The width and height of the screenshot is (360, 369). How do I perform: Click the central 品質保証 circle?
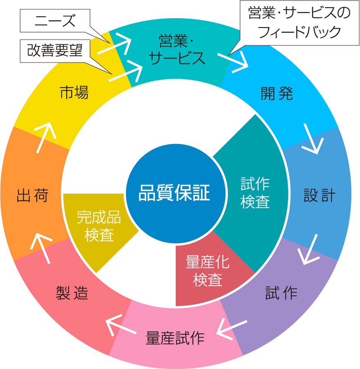coord(174,193)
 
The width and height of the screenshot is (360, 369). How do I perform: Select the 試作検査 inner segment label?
coord(255,193)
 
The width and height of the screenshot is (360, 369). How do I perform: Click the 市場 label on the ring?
coord(74,93)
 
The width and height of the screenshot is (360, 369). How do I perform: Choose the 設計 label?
coord(319,196)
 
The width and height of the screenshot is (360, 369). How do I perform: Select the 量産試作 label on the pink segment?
coord(175,338)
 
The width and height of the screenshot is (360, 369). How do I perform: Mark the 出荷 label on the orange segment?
coord(33,196)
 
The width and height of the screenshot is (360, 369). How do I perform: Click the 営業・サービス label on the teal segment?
coord(177,50)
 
